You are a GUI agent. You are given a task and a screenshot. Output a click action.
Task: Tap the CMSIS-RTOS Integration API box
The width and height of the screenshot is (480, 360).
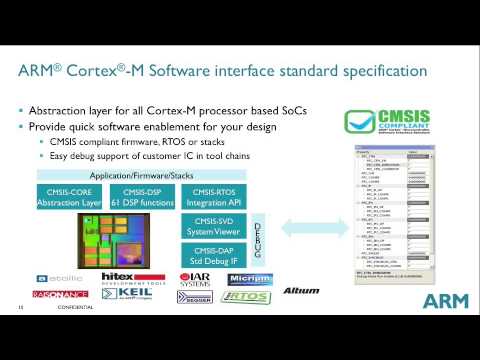[215, 197]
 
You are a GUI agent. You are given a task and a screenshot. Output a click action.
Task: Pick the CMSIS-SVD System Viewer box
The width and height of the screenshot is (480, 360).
[215, 226]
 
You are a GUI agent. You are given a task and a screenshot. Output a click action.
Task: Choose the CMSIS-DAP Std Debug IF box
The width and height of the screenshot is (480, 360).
[215, 254]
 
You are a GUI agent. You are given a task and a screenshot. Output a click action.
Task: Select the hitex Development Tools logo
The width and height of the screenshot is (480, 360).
[125, 278]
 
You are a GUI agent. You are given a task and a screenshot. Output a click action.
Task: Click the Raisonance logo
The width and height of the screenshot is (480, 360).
[62, 296]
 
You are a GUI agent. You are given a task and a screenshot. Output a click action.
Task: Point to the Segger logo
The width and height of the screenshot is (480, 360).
[194, 297]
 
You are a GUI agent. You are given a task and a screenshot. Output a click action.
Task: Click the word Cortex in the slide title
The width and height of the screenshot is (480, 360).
[109, 72]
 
